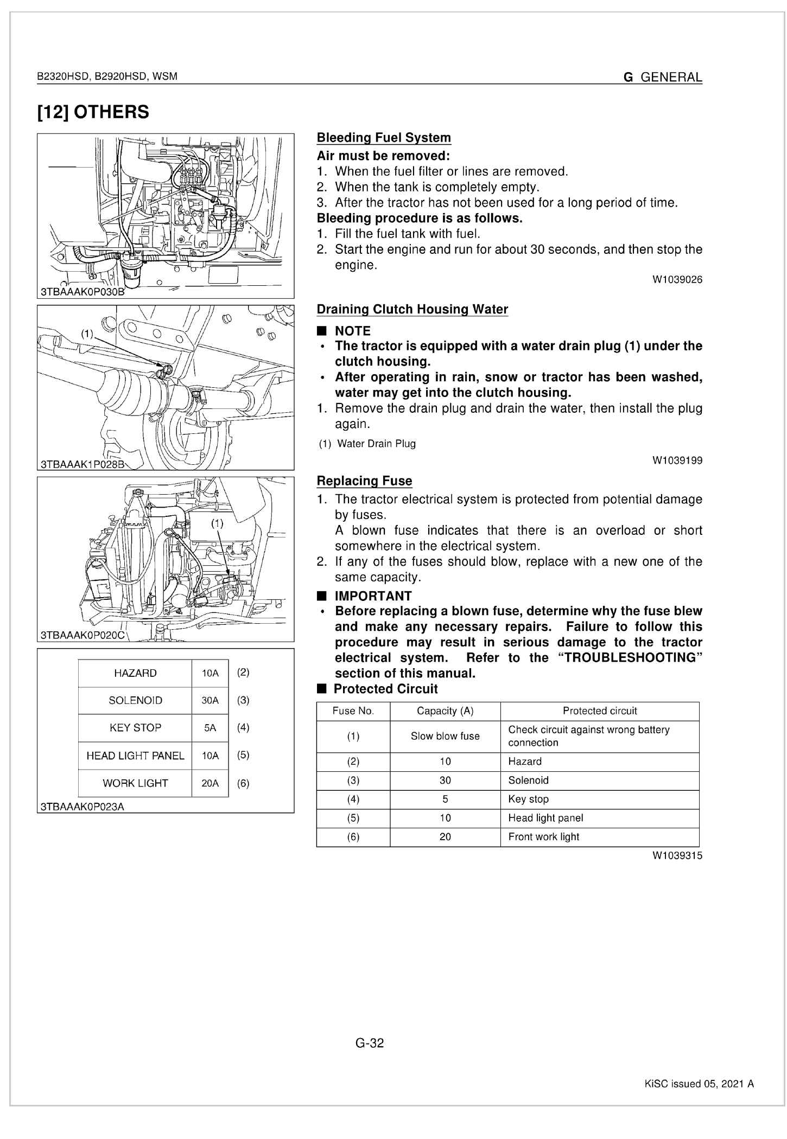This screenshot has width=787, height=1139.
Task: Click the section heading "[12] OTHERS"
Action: coord(93,112)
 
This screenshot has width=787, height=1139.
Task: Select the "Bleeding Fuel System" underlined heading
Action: coord(384,138)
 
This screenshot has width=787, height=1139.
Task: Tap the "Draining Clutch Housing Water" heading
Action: coord(412,309)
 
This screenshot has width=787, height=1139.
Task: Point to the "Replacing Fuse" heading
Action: coord(364,481)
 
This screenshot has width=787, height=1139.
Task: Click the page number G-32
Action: coord(370,1043)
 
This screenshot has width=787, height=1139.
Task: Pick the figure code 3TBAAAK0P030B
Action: coord(82,292)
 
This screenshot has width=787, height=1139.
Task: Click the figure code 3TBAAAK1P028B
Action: coord(82,464)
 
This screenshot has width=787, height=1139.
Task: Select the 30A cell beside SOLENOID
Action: coord(210,700)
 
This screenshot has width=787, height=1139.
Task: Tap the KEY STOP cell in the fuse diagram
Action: coord(135,728)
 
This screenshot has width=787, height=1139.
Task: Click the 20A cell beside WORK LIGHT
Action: coord(210,783)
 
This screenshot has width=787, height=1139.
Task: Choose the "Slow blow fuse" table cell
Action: coord(445,736)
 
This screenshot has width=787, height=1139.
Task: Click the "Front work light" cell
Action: coord(544,836)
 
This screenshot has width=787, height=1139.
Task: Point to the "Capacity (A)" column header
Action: coord(445,711)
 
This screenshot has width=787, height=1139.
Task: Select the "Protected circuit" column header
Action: coord(600,711)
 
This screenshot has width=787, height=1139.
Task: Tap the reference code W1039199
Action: coord(677,460)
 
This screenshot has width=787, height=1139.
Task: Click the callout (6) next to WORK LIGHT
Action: coord(243,783)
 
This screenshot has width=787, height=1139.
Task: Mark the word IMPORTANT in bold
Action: coord(373,596)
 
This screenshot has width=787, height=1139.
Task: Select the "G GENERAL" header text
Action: coord(663,78)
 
